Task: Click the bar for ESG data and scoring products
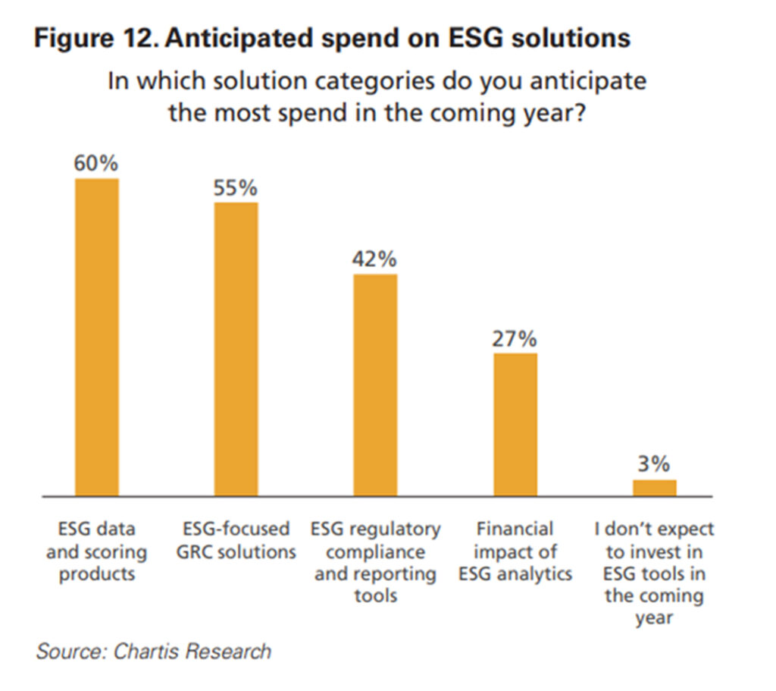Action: pyautogui.click(x=96, y=338)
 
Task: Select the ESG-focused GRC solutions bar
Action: pyautogui.click(x=236, y=349)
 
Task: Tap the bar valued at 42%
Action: pyautogui.click(x=375, y=385)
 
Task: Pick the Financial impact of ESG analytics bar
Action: pyautogui.click(x=515, y=425)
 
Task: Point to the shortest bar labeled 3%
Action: pyautogui.click(x=655, y=488)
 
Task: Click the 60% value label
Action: pyautogui.click(x=96, y=164)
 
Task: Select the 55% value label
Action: pyautogui.click(x=236, y=187)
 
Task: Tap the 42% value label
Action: pyautogui.click(x=374, y=259)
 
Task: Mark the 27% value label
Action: pyautogui.click(x=515, y=339)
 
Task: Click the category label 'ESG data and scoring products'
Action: pyautogui.click(x=96, y=551)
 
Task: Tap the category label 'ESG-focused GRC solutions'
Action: pyautogui.click(x=236, y=540)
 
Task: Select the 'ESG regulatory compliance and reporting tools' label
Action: pyautogui.click(x=376, y=562)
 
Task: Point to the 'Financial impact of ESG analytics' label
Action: pyautogui.click(x=515, y=551)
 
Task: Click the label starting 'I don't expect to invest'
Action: pyautogui.click(x=655, y=573)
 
